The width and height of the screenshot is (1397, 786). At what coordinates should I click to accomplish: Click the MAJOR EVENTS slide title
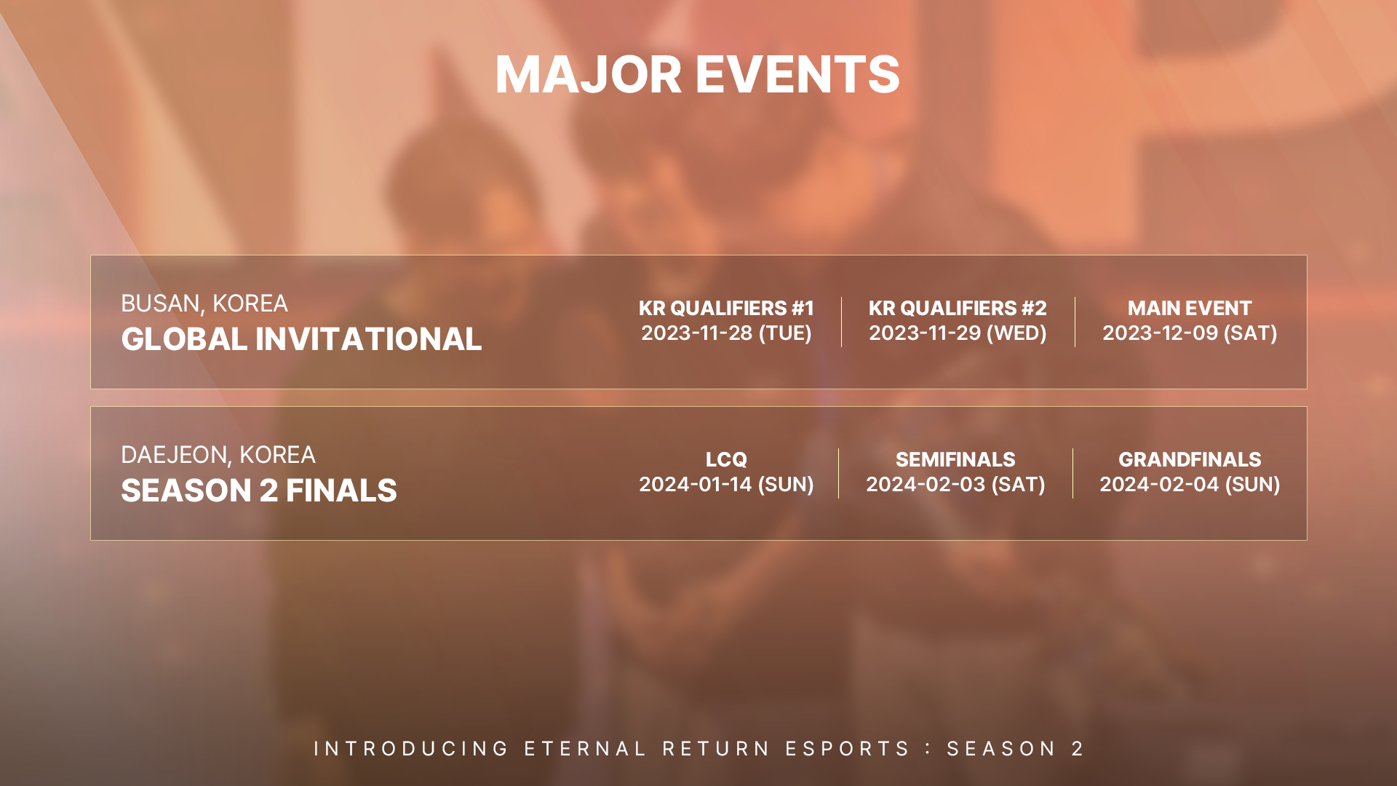697,74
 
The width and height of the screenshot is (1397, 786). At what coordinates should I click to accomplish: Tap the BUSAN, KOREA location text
204,303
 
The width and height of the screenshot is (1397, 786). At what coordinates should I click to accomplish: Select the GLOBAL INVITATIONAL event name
301,339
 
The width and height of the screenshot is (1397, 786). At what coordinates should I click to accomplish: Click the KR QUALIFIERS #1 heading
726,308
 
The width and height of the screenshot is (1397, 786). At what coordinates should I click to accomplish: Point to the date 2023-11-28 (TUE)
726,333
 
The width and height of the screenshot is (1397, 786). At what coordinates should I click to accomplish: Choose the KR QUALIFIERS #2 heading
958,308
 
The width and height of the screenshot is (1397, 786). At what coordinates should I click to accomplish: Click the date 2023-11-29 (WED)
958,333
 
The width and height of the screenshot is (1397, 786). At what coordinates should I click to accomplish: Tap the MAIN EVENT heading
1190,308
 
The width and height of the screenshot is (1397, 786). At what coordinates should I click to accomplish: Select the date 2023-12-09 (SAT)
1190,333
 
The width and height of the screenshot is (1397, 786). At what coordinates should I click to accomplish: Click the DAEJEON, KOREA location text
218,455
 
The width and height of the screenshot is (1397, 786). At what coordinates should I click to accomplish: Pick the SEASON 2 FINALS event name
259,491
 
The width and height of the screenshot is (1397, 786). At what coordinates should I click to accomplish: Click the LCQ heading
726,460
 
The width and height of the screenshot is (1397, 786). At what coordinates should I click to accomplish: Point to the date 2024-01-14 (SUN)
726,485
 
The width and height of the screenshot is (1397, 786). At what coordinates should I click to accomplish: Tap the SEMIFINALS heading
955,460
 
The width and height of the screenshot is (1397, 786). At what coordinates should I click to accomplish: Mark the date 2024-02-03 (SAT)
955,485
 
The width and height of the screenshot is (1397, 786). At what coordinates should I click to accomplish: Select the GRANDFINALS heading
1190,460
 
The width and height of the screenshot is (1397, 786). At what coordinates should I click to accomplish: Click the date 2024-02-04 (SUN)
1190,485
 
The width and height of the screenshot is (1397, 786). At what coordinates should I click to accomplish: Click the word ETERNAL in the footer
585,749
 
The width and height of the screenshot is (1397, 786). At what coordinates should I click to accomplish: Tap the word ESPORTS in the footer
847,749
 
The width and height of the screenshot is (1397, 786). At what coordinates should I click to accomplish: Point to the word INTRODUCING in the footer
411,749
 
